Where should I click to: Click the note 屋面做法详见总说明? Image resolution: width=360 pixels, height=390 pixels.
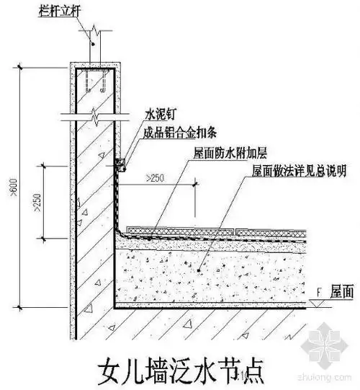click(298, 172)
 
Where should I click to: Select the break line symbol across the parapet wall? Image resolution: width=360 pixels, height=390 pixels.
click(94, 115)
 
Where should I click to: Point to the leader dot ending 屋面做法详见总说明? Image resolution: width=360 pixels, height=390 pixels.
click(203, 267)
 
